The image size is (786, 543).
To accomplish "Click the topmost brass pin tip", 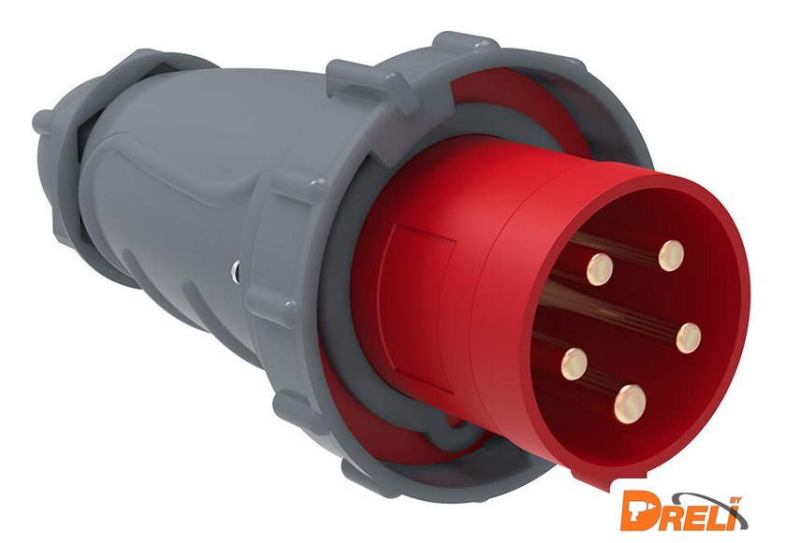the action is (671, 256).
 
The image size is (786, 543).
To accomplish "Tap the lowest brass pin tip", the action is (630, 404).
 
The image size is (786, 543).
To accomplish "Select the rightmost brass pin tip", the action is (689, 337).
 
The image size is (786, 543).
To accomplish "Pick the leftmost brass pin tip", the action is (574, 364).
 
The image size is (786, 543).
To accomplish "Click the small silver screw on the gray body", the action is (235, 271).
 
